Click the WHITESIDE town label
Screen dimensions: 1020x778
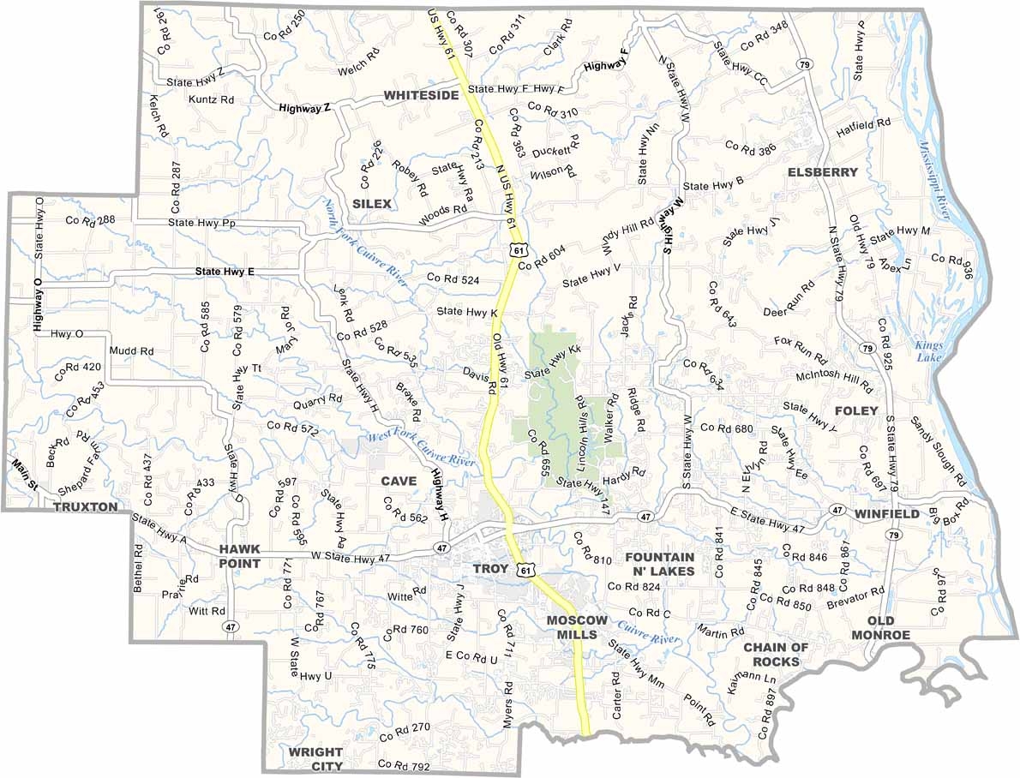[x=421, y=95]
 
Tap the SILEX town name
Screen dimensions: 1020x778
[x=372, y=204]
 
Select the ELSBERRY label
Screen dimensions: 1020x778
[x=823, y=172]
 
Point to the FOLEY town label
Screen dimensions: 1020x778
[x=856, y=411]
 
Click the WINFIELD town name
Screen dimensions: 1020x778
[x=886, y=514]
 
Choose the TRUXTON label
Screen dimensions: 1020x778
[x=85, y=507]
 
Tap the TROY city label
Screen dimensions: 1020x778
[x=491, y=569]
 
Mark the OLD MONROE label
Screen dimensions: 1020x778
[x=880, y=627]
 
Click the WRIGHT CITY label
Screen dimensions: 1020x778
[x=315, y=759]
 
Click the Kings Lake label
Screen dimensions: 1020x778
[x=927, y=351]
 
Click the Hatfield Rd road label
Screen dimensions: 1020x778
[x=864, y=129]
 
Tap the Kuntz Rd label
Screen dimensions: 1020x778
[x=211, y=99]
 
